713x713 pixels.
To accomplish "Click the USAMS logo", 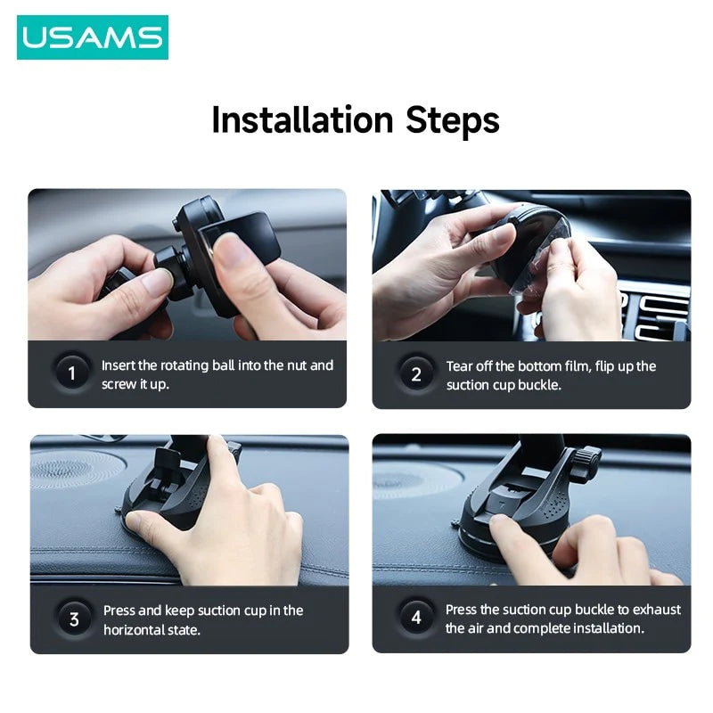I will click(92, 37).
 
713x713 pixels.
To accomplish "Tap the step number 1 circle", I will click(72, 373).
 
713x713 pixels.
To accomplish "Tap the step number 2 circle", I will click(416, 374).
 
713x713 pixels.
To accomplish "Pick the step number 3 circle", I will click(74, 619).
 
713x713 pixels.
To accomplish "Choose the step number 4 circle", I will click(416, 618).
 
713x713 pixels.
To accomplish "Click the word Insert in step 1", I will click(119, 365).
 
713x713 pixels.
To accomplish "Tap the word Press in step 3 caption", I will click(120, 611).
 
